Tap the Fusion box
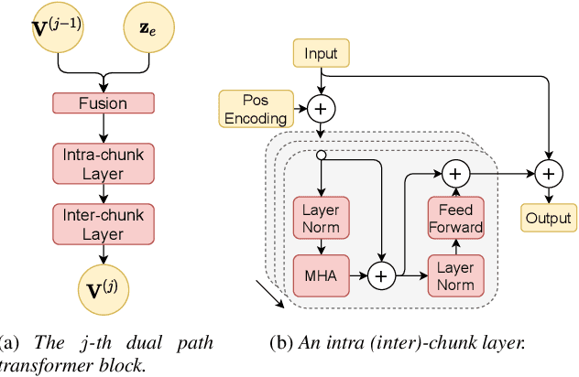tap(103, 103)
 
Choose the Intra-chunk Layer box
tap(103, 164)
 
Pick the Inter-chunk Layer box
tap(103, 224)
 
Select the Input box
tap(320, 54)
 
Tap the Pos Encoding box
tap(256, 108)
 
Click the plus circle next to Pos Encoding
tap(320, 110)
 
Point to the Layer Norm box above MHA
tap(321, 216)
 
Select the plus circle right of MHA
tap(380, 274)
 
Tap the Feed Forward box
tap(455, 216)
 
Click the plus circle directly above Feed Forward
tap(455, 171)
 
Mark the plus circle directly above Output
tap(549, 171)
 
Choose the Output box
tap(549, 219)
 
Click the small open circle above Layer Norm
tap(320, 156)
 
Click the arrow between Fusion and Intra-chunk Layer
tap(103, 128)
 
